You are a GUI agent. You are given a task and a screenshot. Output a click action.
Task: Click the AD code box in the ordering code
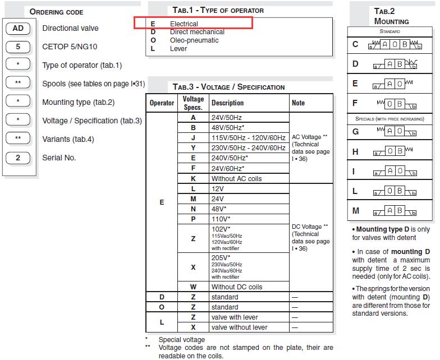[18, 29]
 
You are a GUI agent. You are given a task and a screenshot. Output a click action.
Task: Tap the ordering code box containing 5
[18, 47]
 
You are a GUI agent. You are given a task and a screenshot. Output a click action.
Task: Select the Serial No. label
[59, 158]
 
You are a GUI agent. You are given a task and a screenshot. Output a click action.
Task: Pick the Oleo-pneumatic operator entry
[194, 40]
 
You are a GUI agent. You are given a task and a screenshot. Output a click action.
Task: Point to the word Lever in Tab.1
[178, 49]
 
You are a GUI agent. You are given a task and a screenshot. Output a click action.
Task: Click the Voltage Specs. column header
[193, 103]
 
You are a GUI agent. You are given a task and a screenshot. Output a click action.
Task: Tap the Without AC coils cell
[236, 178]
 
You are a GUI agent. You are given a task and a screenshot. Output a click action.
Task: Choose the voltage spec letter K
[193, 178]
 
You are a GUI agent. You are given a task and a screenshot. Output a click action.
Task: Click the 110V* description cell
[221, 219]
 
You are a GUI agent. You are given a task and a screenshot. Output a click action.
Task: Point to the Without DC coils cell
[237, 287]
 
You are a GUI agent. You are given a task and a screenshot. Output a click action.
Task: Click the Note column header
[298, 103]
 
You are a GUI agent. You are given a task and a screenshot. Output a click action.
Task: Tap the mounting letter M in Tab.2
[355, 211]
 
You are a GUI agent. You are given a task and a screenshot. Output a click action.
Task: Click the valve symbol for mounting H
[393, 151]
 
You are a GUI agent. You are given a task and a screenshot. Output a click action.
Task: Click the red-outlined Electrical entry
[184, 24]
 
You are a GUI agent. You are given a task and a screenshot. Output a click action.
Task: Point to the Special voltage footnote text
[181, 339]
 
